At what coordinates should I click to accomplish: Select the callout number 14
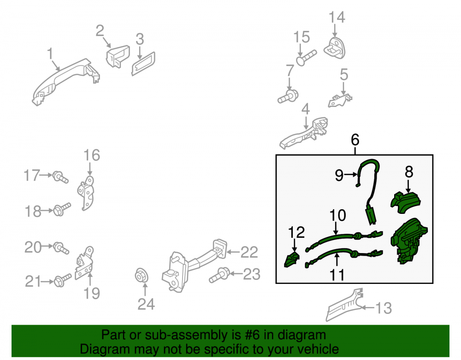tap(337, 17)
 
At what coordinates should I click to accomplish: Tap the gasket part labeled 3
tap(143, 64)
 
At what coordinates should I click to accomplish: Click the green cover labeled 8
tap(406, 202)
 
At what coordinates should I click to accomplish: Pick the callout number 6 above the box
tap(355, 140)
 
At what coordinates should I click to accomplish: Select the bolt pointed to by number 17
tap(60, 177)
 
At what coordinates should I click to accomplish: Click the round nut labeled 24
tap(142, 276)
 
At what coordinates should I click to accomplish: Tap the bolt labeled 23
tap(219, 275)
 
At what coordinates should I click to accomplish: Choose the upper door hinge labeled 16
tap(87, 193)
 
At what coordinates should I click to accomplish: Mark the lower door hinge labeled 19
tap(85, 263)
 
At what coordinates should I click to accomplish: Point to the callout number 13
tap(384, 308)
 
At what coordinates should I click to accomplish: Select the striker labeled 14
tap(335, 48)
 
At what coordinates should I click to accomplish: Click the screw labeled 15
tap(307, 58)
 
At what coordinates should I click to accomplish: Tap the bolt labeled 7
tap(288, 97)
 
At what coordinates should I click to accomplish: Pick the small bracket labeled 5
tap(340, 100)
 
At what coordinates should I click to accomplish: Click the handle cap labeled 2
tap(118, 56)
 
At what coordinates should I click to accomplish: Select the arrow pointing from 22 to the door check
tap(233, 252)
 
